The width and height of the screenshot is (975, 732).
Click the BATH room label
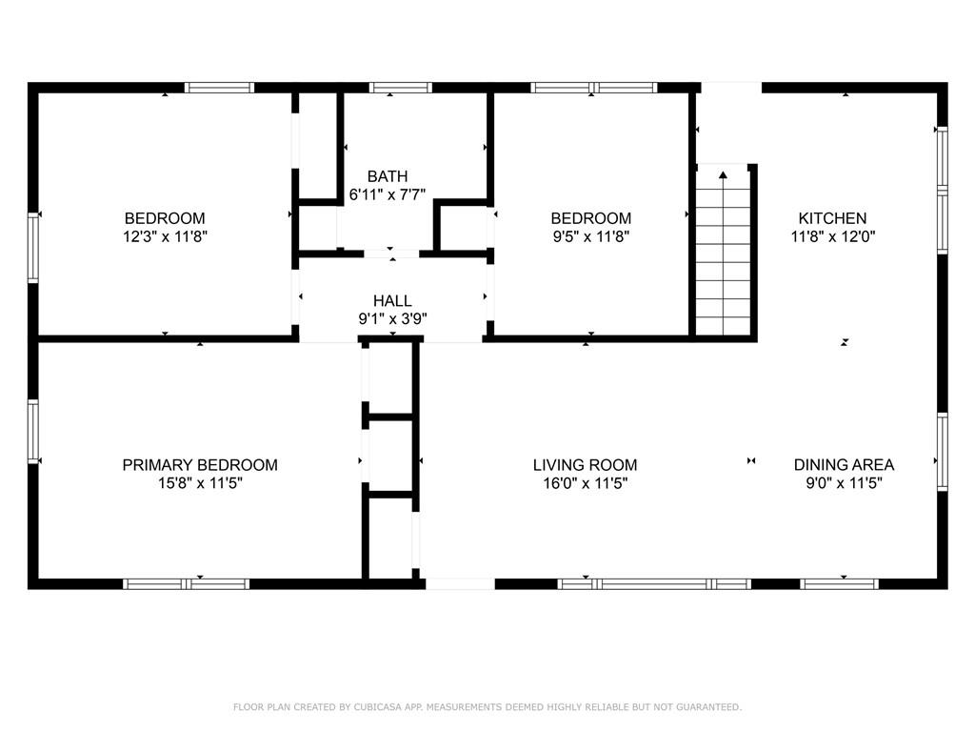click(x=388, y=176)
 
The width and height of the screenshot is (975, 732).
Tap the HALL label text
click(x=392, y=301)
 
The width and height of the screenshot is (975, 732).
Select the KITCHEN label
click(x=832, y=218)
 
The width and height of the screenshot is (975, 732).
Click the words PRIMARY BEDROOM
click(x=200, y=465)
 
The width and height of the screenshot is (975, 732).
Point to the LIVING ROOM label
click(x=586, y=465)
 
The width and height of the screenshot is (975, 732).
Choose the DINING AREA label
click(x=844, y=465)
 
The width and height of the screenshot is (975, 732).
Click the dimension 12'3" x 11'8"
click(x=165, y=236)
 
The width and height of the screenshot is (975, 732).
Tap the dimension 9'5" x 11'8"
click(x=591, y=236)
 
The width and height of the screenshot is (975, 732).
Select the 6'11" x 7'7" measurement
click(x=388, y=194)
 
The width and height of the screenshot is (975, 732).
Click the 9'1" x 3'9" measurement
click(x=392, y=319)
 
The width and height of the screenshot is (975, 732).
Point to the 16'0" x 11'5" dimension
click(x=586, y=483)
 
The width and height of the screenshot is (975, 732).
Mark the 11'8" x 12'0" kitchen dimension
click(x=832, y=236)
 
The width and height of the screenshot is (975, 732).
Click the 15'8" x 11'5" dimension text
click(x=200, y=483)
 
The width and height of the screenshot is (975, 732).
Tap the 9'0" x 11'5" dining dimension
click(x=844, y=483)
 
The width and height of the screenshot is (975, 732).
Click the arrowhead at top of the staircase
click(x=723, y=175)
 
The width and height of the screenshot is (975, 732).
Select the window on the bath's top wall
click(x=401, y=88)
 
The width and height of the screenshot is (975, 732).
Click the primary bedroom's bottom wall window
click(x=186, y=584)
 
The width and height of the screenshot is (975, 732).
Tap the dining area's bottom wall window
click(x=840, y=584)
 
